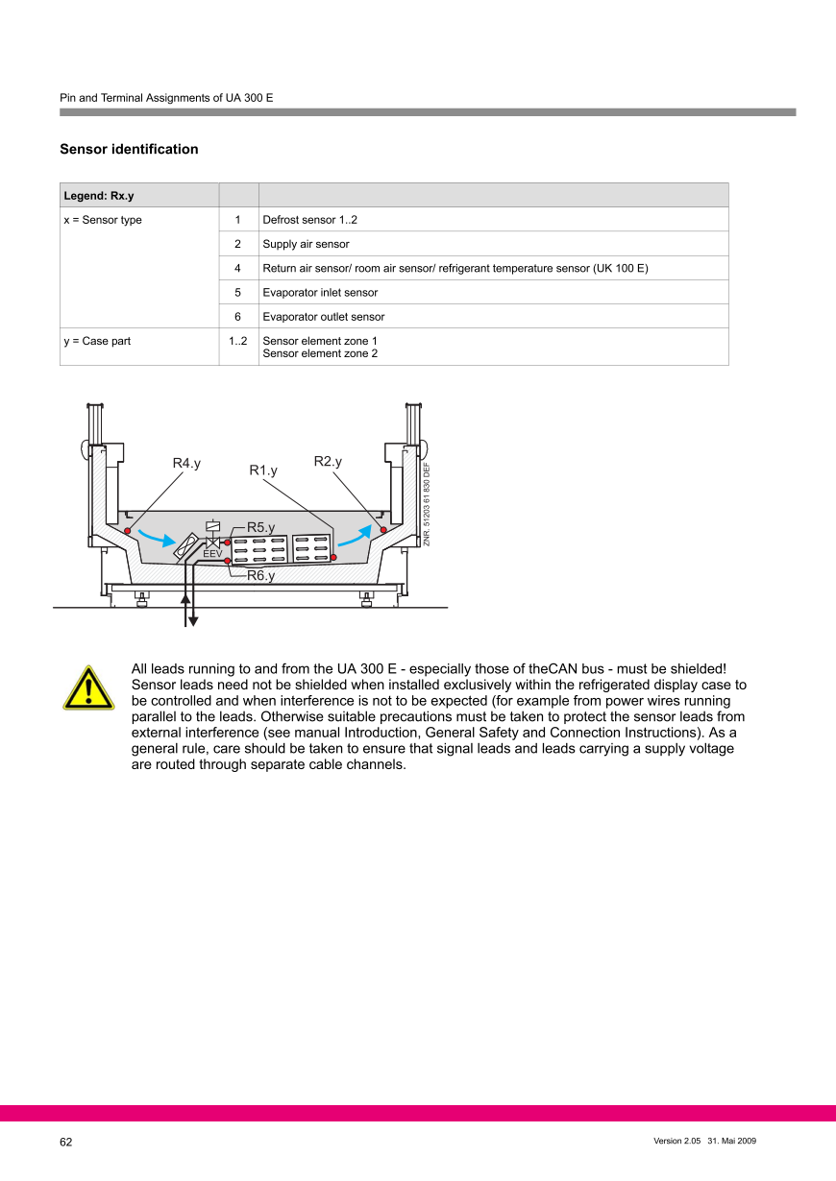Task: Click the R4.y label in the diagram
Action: [x=186, y=464]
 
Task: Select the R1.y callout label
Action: [x=263, y=470]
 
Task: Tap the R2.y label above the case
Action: [x=328, y=462]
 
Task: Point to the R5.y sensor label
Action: [x=260, y=527]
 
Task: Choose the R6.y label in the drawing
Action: [x=260, y=576]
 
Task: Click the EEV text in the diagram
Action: [x=212, y=554]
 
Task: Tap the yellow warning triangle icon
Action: [x=88, y=688]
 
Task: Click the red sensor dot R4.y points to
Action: [x=128, y=530]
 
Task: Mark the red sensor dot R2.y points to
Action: [x=383, y=530]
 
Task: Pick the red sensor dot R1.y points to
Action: [x=333, y=557]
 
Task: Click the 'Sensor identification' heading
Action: [x=129, y=149]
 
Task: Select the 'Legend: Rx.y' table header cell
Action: [x=99, y=196]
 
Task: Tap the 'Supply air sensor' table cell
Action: [x=306, y=244]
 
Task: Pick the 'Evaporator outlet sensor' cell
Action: [x=323, y=317]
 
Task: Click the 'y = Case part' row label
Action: [x=96, y=341]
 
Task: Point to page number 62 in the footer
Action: [x=66, y=1142]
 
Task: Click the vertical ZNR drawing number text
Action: [x=427, y=504]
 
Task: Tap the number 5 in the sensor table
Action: [x=237, y=293]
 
